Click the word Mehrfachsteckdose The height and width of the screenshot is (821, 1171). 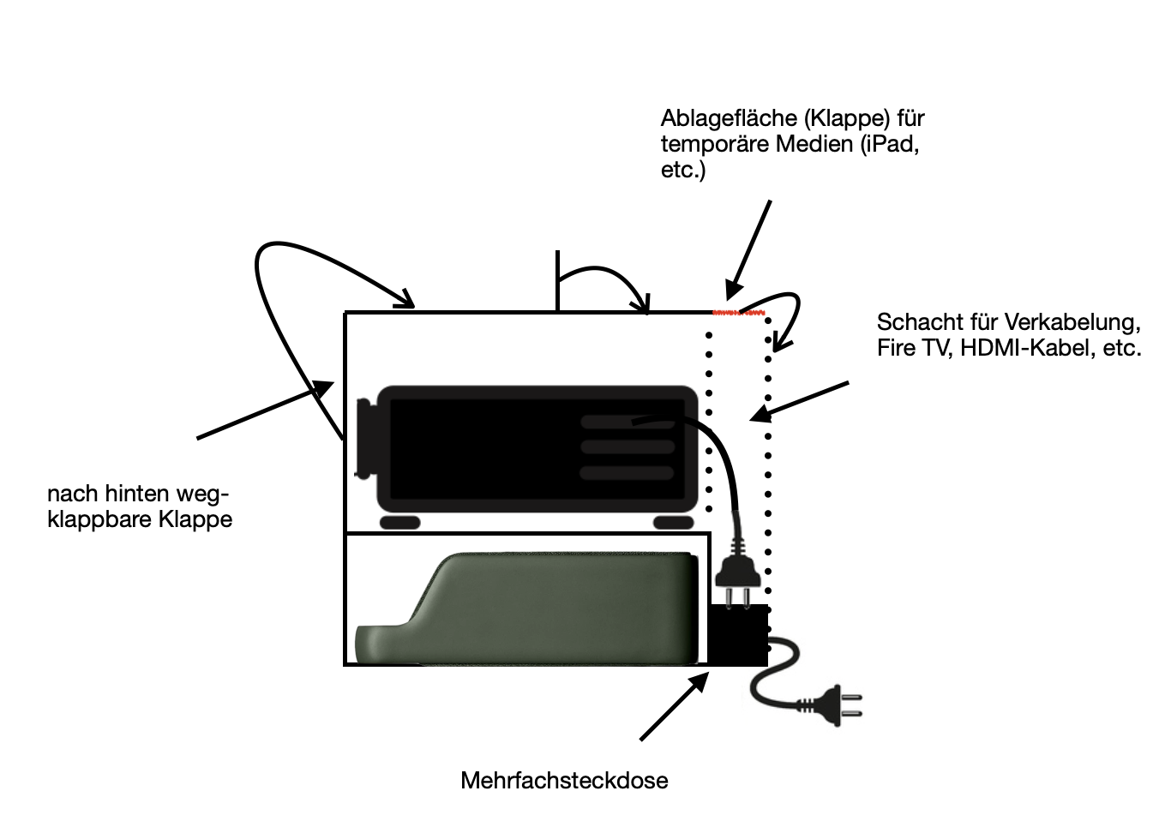[x=563, y=781]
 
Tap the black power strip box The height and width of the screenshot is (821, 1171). [x=738, y=635]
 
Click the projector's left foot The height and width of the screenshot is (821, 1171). [x=399, y=522]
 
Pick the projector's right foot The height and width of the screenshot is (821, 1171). [x=673, y=522]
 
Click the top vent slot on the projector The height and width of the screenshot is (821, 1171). [x=626, y=422]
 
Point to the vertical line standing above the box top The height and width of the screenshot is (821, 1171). [x=557, y=280]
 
